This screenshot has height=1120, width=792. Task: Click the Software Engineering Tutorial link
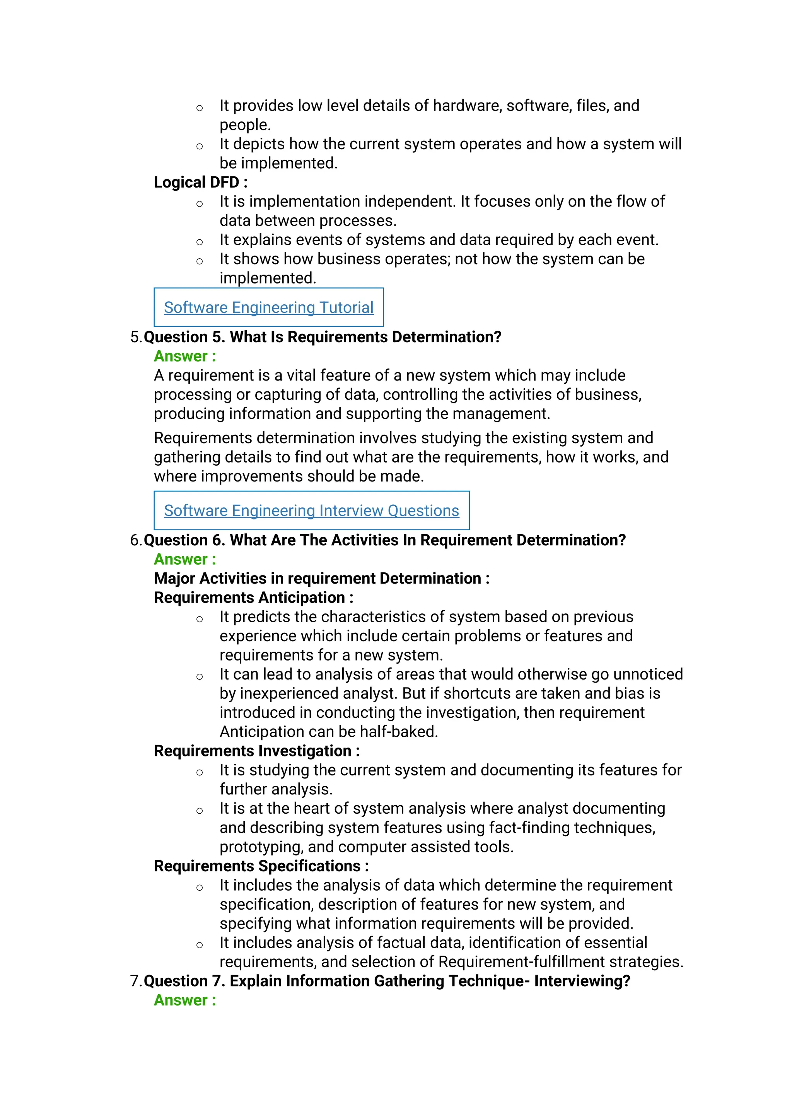click(268, 307)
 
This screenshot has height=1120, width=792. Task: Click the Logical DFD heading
click(200, 183)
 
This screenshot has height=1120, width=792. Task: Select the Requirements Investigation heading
click(256, 751)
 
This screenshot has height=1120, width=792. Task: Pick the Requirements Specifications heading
click(261, 866)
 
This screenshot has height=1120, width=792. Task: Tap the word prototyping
click(261, 847)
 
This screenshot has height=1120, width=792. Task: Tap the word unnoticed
click(648, 674)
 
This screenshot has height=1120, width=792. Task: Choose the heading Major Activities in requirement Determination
click(321, 579)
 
